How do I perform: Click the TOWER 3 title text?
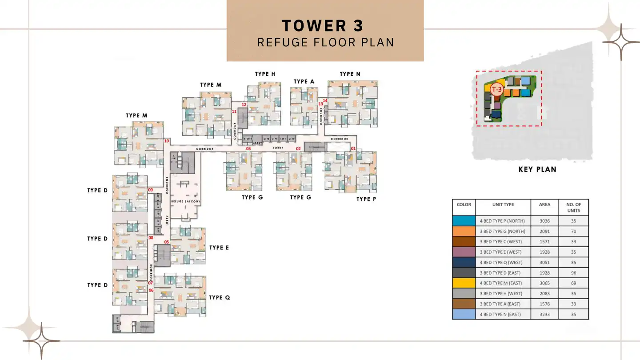(323, 26)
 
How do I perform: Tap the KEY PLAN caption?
(537, 169)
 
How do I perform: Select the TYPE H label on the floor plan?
(265, 74)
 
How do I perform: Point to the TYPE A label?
(304, 81)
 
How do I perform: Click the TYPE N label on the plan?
(350, 74)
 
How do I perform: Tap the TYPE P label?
(366, 199)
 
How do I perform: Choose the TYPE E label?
(219, 248)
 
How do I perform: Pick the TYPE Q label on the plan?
(219, 297)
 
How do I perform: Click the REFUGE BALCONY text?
(186, 202)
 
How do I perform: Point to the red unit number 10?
(167, 141)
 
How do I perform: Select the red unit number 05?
(167, 242)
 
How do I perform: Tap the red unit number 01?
(354, 148)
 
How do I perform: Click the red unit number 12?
(244, 105)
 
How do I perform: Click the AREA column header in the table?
(544, 205)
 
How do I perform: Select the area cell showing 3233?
(544, 314)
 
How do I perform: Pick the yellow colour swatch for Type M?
(464, 283)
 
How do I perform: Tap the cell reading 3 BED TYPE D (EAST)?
(503, 273)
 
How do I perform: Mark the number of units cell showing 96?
(573, 273)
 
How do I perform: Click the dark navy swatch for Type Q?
(464, 262)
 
